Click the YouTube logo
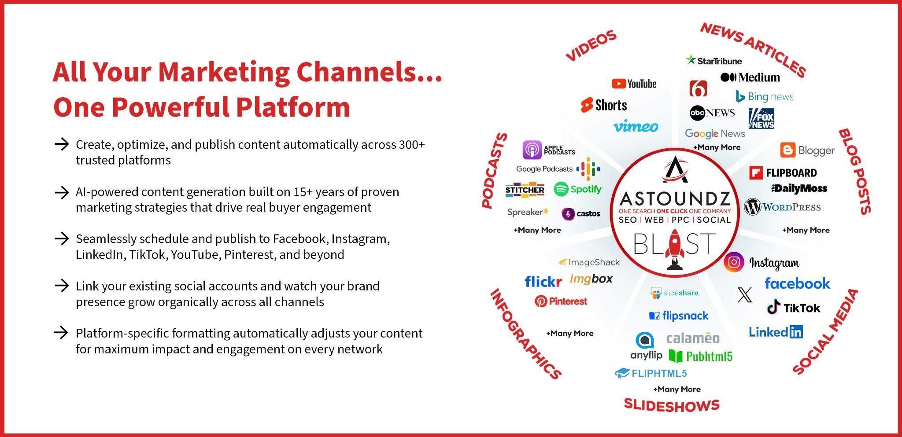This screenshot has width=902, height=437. click(634, 84)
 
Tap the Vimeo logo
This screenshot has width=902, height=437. click(636, 126)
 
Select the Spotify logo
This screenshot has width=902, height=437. click(578, 189)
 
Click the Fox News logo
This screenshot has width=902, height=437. click(761, 118)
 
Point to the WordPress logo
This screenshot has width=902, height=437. click(782, 207)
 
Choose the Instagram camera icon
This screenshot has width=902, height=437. click(734, 262)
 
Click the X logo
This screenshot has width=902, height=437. click(745, 295)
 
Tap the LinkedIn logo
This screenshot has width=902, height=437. click(776, 332)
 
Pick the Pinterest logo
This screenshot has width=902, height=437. click(561, 301)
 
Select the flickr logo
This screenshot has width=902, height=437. click(543, 281)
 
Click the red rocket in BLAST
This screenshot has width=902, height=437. click(674, 249)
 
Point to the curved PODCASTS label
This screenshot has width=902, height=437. click(494, 170)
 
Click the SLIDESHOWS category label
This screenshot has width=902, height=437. click(672, 405)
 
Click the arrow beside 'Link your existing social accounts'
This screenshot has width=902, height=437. click(62, 286)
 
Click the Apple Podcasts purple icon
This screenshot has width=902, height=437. click(532, 150)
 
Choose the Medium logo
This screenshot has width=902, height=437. click(750, 77)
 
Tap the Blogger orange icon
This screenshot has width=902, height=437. click(787, 150)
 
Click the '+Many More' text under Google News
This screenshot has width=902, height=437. click(717, 147)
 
